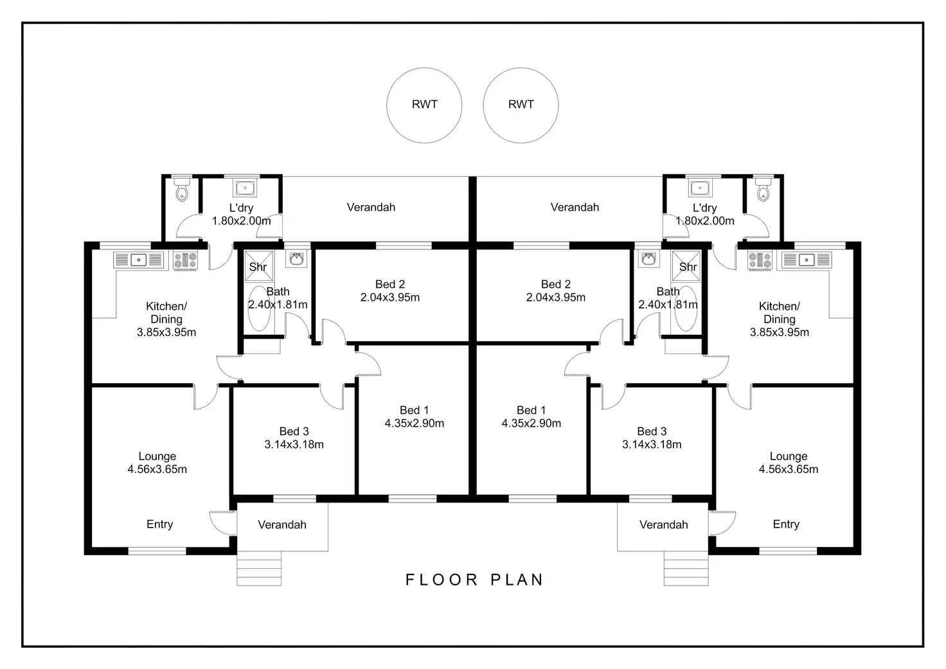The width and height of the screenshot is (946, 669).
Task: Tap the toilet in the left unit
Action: pos(182,190)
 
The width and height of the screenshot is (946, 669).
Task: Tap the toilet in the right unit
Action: pos(763,190)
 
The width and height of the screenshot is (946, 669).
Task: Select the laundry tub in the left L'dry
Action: pos(245,188)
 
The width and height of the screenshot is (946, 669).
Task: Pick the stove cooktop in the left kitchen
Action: pos(186,260)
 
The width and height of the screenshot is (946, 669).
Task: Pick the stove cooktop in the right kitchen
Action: pos(760,260)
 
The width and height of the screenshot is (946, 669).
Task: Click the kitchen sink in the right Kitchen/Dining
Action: pos(807,260)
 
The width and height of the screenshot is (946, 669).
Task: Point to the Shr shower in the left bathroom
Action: pos(259,266)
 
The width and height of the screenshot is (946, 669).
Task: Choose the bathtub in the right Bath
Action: pos(686,308)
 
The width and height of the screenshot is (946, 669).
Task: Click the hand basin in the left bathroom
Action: pos(296,258)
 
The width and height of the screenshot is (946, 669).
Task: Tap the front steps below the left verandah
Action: pos(259,568)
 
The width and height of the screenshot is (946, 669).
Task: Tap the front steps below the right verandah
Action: pos(686,568)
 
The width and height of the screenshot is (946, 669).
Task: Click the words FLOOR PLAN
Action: pos(474,580)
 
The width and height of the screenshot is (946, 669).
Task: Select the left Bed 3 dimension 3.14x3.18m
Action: pos(294,444)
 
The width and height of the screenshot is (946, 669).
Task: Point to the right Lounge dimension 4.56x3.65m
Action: pos(789,469)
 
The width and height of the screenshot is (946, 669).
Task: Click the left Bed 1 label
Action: pos(415,410)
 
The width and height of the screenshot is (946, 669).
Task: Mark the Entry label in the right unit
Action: pos(786,524)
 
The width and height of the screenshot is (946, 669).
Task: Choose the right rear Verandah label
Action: pos(575,208)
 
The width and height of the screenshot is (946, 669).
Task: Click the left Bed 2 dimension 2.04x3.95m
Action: pos(390,298)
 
